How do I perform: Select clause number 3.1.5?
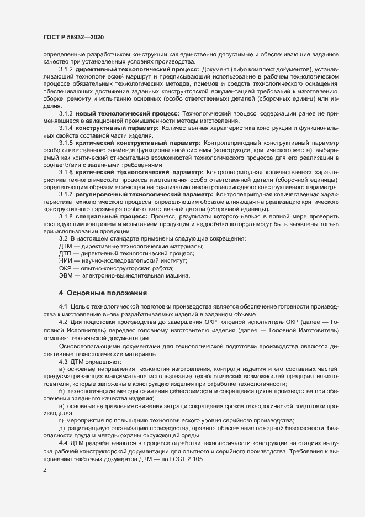66,143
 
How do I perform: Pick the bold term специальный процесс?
110,217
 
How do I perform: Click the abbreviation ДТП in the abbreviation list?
66,253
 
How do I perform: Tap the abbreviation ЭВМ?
66,275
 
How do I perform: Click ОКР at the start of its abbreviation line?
66,268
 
